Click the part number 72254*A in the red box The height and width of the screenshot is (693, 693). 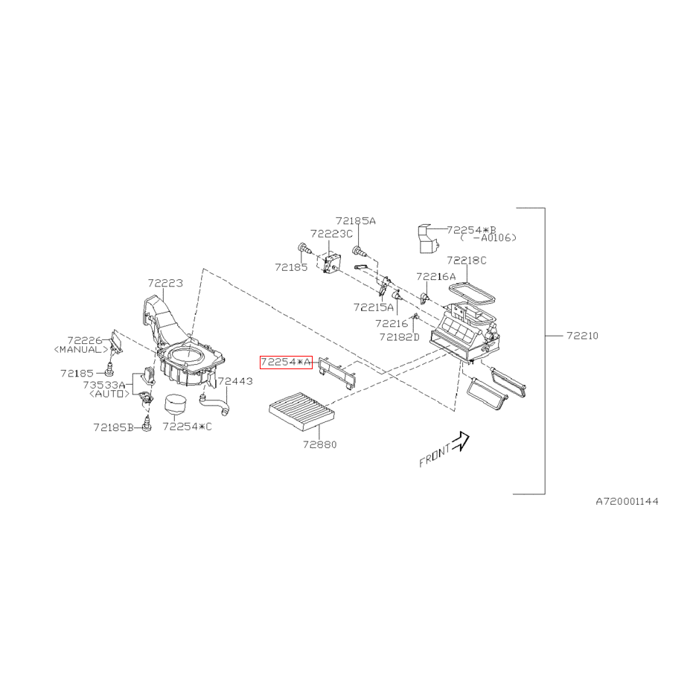point(286,362)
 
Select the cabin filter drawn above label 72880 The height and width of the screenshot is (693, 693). point(302,414)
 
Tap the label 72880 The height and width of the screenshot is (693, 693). point(319,444)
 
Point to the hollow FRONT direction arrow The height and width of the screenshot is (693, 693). point(461,441)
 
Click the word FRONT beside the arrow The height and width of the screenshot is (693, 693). point(435,456)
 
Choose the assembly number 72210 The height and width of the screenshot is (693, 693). point(582,336)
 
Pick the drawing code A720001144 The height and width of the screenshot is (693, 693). point(627,501)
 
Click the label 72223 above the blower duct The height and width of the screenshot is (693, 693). point(165,283)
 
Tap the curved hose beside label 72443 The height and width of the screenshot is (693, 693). point(215,404)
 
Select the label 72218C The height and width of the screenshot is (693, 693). point(466,261)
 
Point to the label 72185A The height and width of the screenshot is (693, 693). point(355,220)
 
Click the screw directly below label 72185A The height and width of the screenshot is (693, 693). point(360,252)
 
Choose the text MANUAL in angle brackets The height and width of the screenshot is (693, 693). point(81,350)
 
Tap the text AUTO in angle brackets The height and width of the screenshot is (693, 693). point(109,394)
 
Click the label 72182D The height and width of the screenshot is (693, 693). point(399,337)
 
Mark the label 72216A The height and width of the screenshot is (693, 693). point(435,277)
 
